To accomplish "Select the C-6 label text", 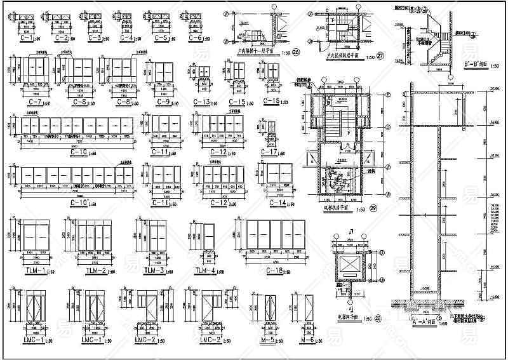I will (x=195, y=39).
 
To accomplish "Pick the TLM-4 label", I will (x=201, y=271).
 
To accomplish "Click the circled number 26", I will (x=296, y=52).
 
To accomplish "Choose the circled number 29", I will (x=373, y=209).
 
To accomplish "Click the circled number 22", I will (x=377, y=318).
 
